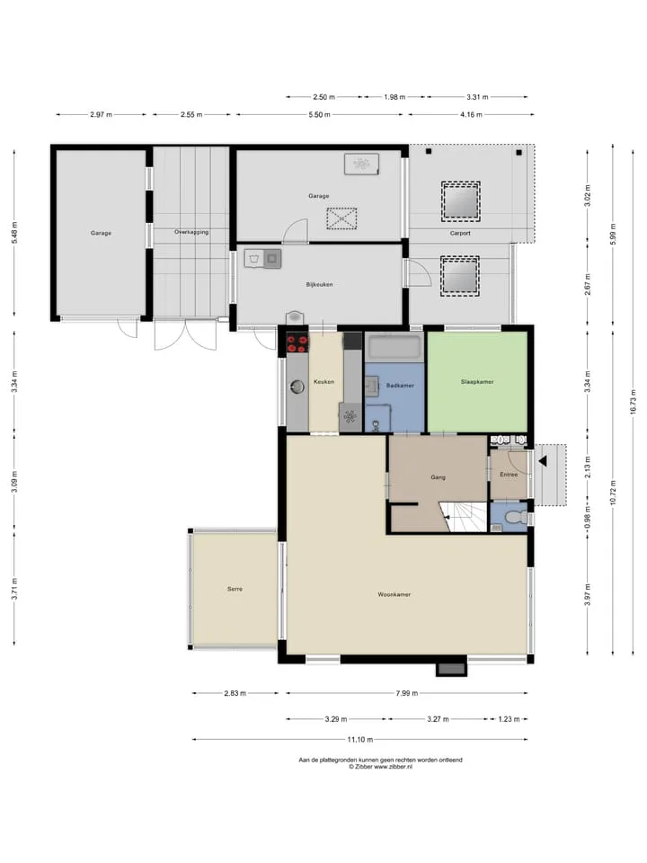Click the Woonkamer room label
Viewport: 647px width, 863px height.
(394, 594)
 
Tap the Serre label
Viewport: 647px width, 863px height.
(235, 589)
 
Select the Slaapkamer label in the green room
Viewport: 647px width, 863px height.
(477, 381)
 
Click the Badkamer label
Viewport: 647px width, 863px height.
(400, 386)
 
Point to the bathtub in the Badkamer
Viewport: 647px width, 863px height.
(394, 347)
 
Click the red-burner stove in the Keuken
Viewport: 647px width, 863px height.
(297, 343)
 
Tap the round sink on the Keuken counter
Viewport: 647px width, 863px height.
(297, 387)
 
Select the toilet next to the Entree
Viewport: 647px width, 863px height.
(515, 518)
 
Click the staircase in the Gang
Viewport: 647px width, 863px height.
(464, 517)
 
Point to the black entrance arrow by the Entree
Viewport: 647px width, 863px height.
(543, 461)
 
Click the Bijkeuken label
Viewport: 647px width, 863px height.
(319, 285)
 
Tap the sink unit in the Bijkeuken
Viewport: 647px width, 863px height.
(263, 259)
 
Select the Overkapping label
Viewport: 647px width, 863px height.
(191, 232)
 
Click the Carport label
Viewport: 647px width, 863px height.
(460, 233)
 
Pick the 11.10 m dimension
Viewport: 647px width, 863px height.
(359, 739)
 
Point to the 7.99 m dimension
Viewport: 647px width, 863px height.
(406, 693)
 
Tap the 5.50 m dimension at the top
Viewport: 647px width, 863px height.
(319, 114)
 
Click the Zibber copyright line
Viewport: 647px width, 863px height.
(380, 766)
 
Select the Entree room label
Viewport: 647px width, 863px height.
(509, 475)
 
